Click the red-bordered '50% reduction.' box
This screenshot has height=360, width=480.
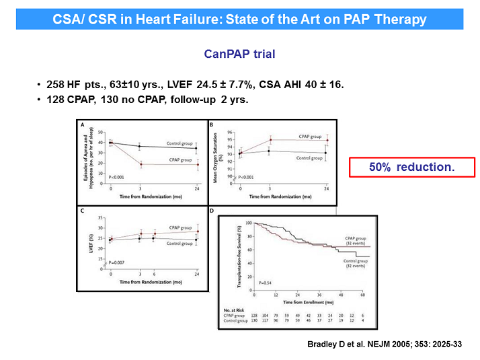coord(411,166)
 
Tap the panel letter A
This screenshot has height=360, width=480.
coord(82,125)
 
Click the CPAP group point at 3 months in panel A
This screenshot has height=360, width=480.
coord(140,164)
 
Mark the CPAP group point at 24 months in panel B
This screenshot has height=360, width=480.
coord(327,140)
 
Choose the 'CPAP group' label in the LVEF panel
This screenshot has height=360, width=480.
coord(179,228)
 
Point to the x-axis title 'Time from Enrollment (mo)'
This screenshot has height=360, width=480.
coord(309,301)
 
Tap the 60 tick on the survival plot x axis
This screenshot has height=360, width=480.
coord(363,294)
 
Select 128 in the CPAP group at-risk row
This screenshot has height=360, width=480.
coord(255,315)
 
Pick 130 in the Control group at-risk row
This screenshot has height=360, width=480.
coord(255,321)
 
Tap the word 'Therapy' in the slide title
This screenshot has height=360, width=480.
coord(402,19)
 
